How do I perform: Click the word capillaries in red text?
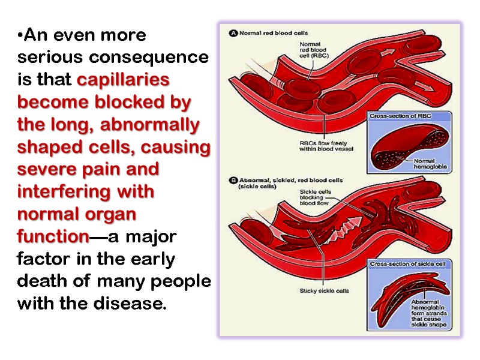[x=124, y=80]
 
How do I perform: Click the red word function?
[x=53, y=236]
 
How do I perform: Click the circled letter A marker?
[x=234, y=34]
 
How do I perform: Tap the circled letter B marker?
[x=234, y=180]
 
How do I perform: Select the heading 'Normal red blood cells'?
[x=274, y=34]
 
